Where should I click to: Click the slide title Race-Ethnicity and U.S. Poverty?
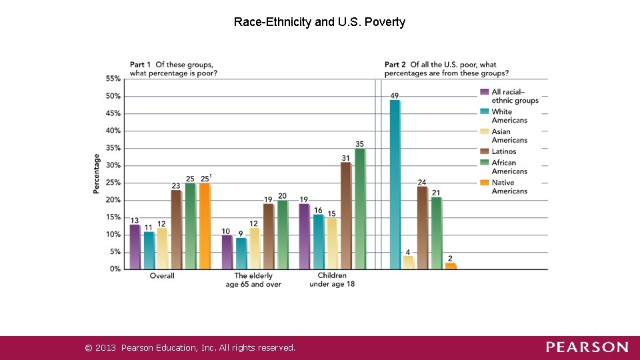point(319,22)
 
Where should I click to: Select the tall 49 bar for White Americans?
point(395,184)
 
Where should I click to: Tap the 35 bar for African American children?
point(360,209)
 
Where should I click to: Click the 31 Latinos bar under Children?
point(345,215)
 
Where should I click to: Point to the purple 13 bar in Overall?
point(135,247)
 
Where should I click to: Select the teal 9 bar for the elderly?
point(241,253)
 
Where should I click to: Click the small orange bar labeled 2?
point(451,265)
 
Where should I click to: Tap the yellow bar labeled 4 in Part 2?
point(409,262)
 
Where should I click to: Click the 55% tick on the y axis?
point(113,79)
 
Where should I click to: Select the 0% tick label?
point(114,269)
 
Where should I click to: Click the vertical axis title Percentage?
point(97,174)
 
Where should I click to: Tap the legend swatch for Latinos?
point(485,151)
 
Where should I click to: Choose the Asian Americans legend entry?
point(509,136)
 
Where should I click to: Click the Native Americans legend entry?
point(509,187)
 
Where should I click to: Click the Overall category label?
point(162,276)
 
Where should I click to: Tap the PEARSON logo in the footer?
point(587,347)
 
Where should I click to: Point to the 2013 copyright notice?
point(190,347)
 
